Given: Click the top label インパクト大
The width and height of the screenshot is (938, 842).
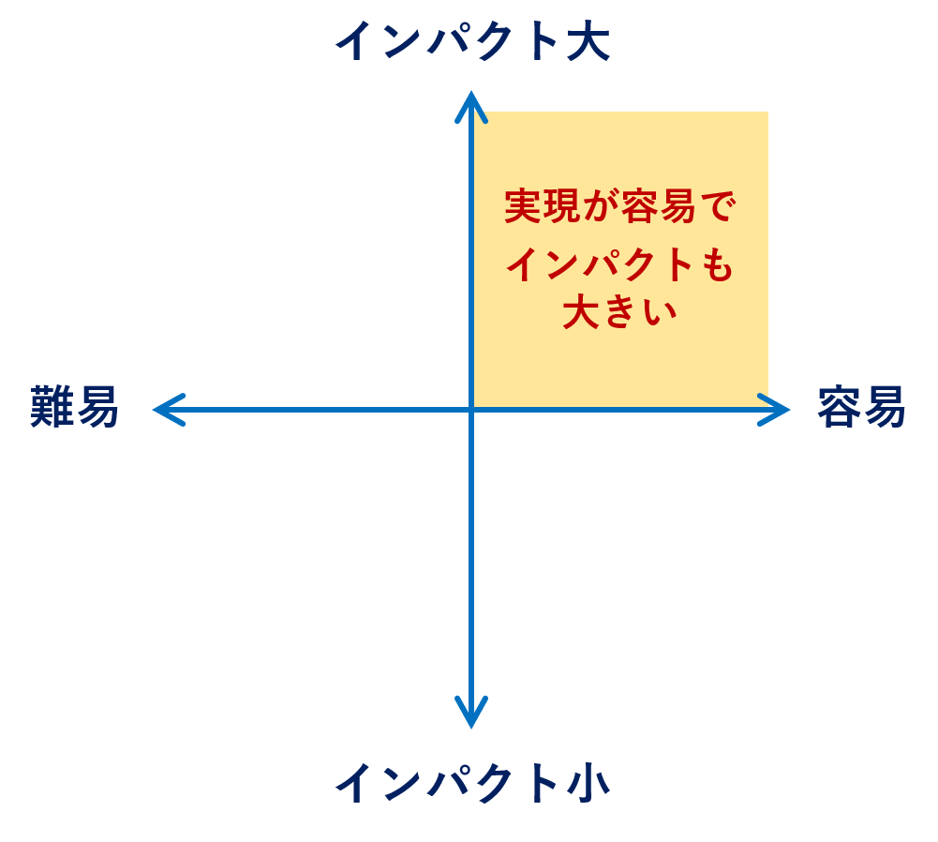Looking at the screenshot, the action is pyautogui.click(x=472, y=40).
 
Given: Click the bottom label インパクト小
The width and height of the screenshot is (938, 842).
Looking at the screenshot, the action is pyautogui.click(x=472, y=783).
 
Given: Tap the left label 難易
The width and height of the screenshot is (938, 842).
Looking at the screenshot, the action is pyautogui.click(x=74, y=407).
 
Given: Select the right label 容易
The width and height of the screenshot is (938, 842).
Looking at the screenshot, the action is pyautogui.click(x=861, y=407).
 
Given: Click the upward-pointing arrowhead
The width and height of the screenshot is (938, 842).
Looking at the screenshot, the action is pyautogui.click(x=471, y=107).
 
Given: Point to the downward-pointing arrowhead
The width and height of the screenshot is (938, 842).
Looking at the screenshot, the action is pyautogui.click(x=471, y=714).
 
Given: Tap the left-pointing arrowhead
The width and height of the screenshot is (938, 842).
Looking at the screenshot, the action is pyautogui.click(x=169, y=410).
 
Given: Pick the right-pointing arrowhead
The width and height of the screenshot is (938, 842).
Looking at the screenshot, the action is pyautogui.click(x=774, y=410).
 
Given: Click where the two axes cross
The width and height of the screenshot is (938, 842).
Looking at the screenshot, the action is pyautogui.click(x=471, y=410).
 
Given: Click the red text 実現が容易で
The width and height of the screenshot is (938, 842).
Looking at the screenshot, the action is pyautogui.click(x=620, y=206).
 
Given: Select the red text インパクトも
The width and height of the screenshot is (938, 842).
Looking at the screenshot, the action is pyautogui.click(x=620, y=264).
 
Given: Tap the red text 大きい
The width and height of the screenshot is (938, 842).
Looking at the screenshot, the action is pyautogui.click(x=620, y=311).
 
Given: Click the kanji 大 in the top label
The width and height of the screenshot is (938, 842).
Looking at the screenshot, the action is pyautogui.click(x=588, y=40).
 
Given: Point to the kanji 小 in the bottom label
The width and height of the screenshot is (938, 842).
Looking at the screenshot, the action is pyautogui.click(x=588, y=783).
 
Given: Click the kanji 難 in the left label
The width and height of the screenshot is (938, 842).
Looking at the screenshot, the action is pyautogui.click(x=52, y=407).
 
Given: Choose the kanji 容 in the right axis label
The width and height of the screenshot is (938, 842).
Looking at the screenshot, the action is pyautogui.click(x=840, y=407).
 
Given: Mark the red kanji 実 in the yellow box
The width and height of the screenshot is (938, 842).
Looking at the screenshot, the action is pyautogui.click(x=524, y=206).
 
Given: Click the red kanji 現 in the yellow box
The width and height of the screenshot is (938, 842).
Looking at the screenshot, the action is pyautogui.click(x=561, y=206).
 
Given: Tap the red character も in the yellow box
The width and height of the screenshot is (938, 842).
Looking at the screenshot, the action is pyautogui.click(x=717, y=264).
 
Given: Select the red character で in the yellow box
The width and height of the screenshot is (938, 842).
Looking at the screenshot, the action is pyautogui.click(x=718, y=206).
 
